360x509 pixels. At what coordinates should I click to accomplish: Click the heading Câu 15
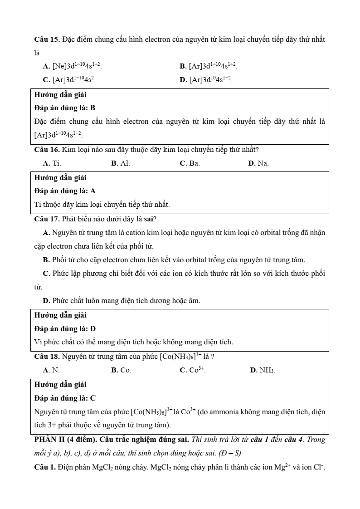pyautogui.click(x=47, y=39)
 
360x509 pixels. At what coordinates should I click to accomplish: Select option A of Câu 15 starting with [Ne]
pyautogui.click(x=72, y=66)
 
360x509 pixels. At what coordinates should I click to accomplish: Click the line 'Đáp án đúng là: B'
pyautogui.click(x=65, y=108)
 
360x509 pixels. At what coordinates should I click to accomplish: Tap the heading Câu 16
pyautogui.click(x=47, y=149)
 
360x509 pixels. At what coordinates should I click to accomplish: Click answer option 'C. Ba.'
pyautogui.click(x=190, y=163)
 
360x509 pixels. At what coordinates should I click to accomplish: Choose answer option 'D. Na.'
pyautogui.click(x=258, y=163)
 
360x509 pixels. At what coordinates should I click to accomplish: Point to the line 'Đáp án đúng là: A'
pyautogui.click(x=65, y=191)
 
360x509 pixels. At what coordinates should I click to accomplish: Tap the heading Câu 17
pyautogui.click(x=47, y=220)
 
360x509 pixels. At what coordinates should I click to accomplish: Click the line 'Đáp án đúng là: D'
pyautogui.click(x=65, y=329)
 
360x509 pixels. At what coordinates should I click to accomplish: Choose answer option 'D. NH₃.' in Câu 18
pyautogui.click(x=263, y=370)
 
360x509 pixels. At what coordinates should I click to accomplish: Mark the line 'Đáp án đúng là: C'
pyautogui.click(x=65, y=398)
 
